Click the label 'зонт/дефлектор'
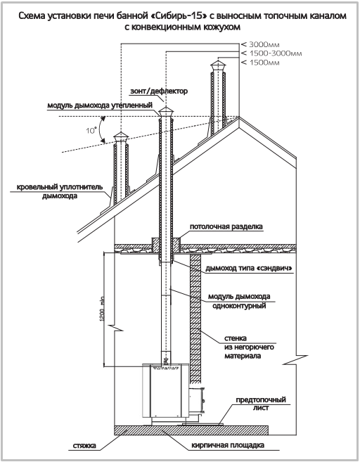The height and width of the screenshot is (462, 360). [158, 91]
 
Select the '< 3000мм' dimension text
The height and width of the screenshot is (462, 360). [260, 44]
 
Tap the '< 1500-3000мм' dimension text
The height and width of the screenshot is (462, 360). [271, 53]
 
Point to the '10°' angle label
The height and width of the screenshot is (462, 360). [91, 130]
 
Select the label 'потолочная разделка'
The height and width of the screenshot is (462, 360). [226, 226]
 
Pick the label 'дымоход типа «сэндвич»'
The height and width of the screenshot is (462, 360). [249, 269]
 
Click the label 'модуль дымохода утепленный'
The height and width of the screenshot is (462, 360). [100, 105]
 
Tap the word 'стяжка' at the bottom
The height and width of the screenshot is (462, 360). [84, 445]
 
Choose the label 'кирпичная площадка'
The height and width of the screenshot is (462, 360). [228, 445]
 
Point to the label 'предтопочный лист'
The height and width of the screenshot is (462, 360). [261, 404]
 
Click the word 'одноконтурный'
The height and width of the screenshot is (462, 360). [239, 306]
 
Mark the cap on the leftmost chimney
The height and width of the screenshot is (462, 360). [121, 137]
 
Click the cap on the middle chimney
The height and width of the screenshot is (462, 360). [166, 113]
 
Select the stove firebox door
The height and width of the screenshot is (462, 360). [196, 400]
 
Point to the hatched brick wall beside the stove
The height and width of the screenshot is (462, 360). [195, 319]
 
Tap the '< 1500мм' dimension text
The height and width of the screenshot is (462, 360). [260, 63]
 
